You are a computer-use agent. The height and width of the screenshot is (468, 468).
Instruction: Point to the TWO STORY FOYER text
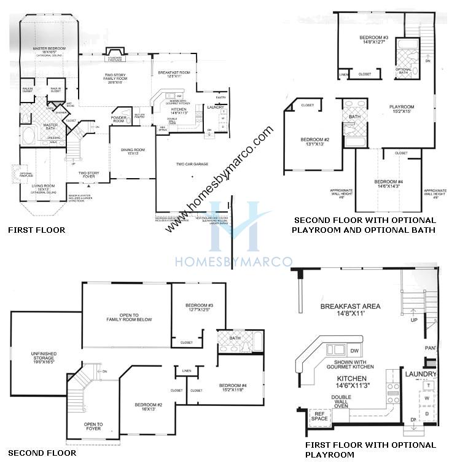point(89,175)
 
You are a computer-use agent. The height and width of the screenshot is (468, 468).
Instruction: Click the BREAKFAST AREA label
point(351,306)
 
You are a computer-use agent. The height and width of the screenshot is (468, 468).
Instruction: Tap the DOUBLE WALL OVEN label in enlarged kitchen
point(341,400)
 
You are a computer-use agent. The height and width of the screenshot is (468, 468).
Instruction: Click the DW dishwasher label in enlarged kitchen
point(354,351)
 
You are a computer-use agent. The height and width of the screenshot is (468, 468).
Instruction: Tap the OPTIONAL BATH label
point(404,71)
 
